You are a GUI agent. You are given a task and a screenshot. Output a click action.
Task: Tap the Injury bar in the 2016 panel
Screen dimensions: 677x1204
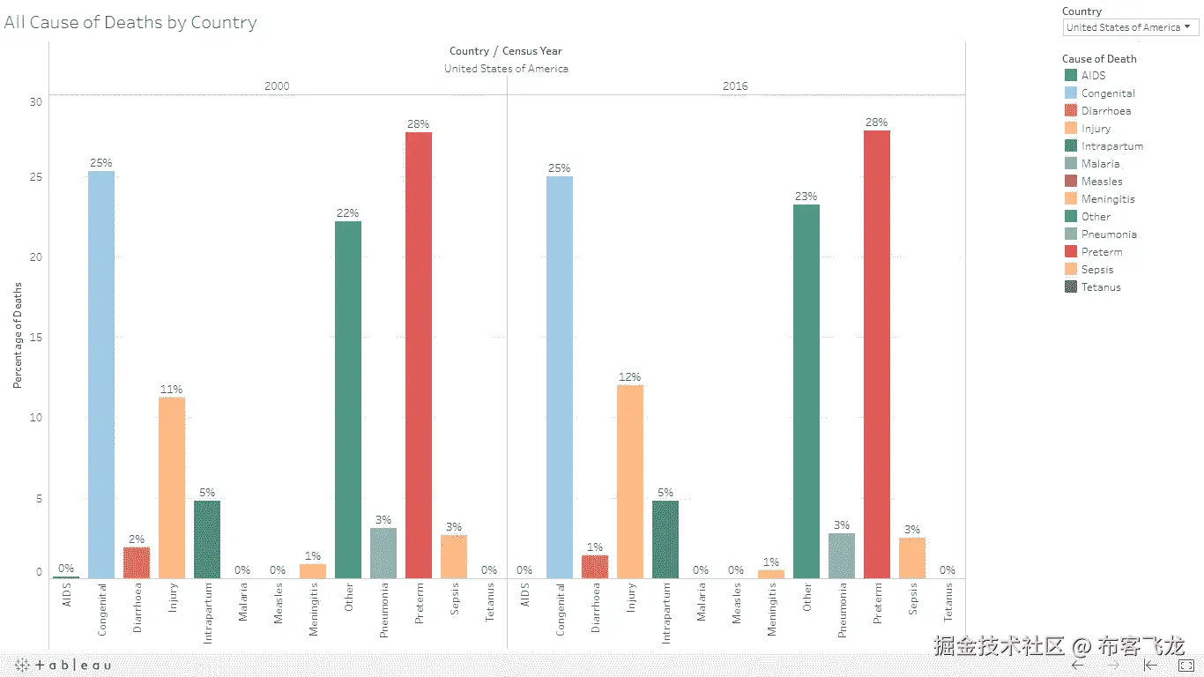tap(630, 480)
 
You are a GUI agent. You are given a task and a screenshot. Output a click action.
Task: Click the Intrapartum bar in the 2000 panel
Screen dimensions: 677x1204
tap(207, 539)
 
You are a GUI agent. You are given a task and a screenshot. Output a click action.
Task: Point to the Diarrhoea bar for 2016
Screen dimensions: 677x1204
tap(595, 566)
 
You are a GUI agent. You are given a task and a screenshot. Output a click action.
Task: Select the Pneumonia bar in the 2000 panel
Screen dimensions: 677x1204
tap(383, 553)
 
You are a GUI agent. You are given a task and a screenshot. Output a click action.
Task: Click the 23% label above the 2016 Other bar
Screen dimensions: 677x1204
tap(806, 197)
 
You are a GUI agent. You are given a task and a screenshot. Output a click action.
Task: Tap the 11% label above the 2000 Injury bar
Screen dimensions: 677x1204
tap(171, 390)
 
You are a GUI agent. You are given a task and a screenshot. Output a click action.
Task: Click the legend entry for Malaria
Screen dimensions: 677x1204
tap(1100, 164)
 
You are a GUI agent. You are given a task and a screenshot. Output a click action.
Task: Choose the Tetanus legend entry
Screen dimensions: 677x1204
tap(1101, 287)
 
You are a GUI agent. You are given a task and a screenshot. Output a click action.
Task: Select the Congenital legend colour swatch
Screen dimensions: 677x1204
tap(1071, 93)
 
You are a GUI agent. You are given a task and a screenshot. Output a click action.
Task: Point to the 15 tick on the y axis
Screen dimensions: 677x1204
tap(35, 338)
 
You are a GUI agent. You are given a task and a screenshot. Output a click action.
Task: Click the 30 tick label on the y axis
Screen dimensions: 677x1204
tap(35, 101)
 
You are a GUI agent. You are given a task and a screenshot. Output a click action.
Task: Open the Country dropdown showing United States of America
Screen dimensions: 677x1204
tap(1130, 27)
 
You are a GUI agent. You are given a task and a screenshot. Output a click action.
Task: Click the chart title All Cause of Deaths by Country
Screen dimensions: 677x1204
tap(130, 23)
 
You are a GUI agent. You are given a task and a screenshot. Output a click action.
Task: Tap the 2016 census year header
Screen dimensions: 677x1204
tap(735, 86)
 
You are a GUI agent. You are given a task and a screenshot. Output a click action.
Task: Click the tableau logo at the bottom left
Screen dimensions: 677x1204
tap(63, 665)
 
